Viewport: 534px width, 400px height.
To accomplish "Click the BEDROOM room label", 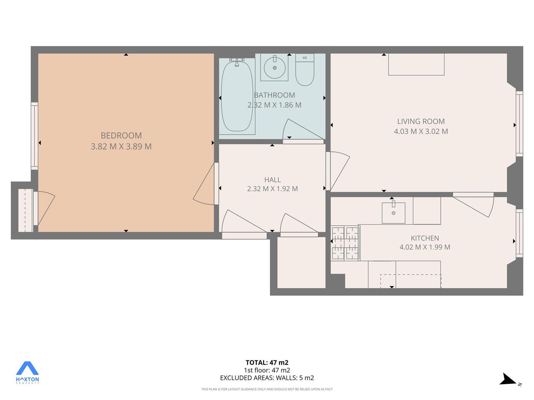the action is coord(121,135).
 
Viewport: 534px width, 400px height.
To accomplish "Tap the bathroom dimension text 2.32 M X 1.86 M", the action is coord(274,105).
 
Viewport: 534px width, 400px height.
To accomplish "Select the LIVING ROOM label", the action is coord(421,121).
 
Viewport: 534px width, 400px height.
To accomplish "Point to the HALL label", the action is coord(273,180).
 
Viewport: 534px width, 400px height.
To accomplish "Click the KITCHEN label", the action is coord(425,238).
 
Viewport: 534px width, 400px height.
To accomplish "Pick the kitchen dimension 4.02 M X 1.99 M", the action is coord(425,247).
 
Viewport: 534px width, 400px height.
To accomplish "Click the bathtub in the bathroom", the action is coord(237,96).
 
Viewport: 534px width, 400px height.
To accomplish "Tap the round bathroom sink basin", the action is coord(275,67).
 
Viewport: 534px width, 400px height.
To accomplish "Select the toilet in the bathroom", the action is coord(305,70).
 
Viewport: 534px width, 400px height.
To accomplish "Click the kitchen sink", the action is coord(393,213).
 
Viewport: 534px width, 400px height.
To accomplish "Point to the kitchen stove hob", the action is coord(345,243).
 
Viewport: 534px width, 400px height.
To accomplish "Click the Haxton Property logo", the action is coord(27,373).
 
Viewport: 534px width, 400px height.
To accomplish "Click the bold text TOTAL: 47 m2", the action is coord(267,363).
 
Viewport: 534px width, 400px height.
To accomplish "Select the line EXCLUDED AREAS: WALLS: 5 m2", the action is coord(267,378).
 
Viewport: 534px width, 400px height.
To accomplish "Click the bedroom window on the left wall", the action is coord(34,136).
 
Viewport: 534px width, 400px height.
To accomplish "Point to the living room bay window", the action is coord(519,124).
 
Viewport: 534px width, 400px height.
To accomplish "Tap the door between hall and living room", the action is coord(337,171).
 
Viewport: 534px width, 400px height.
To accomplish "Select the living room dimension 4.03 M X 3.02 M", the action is coord(421,131).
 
